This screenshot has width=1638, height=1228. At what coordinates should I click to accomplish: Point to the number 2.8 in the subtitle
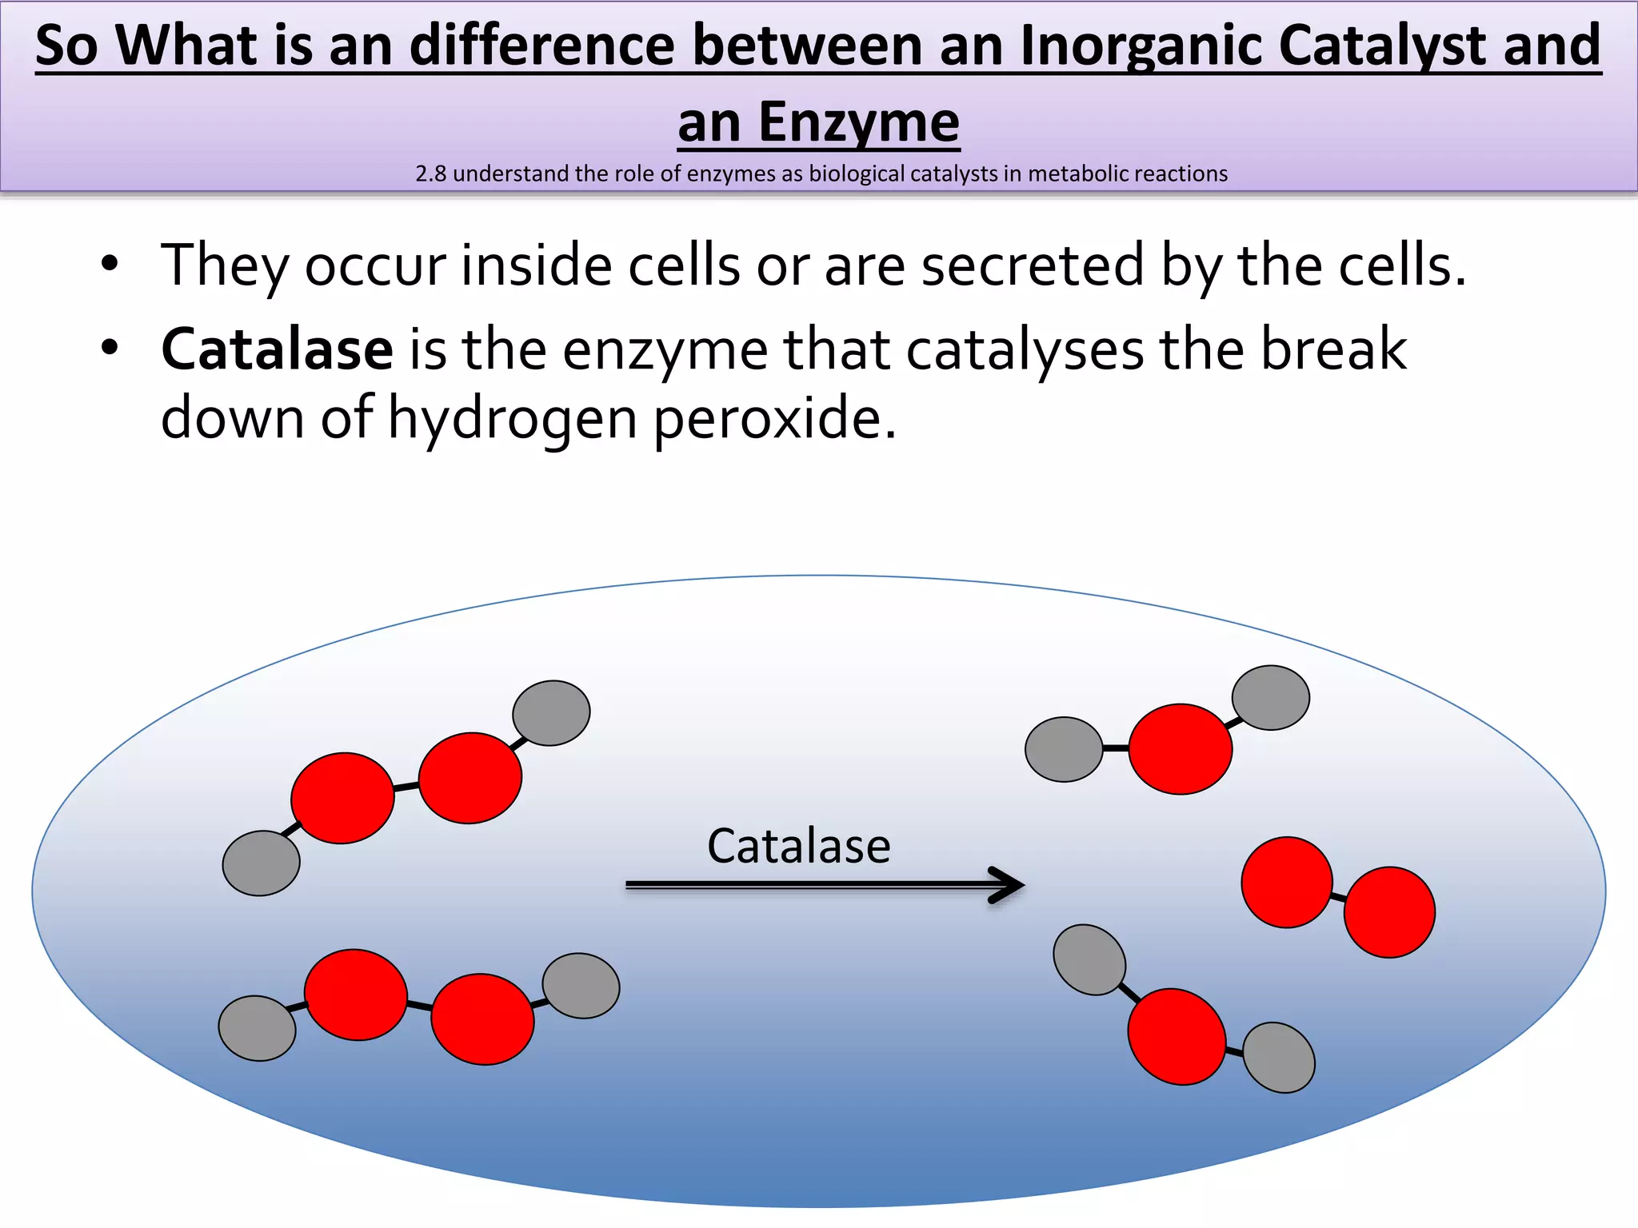coord(431,173)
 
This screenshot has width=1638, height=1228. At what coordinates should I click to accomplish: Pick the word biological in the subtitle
coord(859,173)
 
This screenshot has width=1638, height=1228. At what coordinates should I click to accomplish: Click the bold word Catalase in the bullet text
coord(277,349)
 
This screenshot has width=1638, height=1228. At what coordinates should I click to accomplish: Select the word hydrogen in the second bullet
coord(512,418)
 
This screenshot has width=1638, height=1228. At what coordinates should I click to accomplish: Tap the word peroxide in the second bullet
coord(774,418)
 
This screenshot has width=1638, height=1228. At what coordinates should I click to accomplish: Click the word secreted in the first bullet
coord(1033,265)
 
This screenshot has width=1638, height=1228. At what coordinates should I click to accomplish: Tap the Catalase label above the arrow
coord(798,846)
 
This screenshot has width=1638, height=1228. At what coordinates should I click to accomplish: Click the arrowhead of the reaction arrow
coord(1009,885)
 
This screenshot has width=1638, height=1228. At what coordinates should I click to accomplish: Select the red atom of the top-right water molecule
coord(1180,749)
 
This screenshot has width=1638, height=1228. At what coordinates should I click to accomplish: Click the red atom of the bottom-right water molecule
coord(1177,1036)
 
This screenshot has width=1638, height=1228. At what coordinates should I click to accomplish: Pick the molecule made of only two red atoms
coord(1338,897)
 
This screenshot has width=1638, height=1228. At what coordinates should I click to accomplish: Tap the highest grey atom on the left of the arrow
coord(551,713)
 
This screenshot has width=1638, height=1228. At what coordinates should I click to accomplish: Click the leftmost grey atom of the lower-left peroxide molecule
coord(257,1028)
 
